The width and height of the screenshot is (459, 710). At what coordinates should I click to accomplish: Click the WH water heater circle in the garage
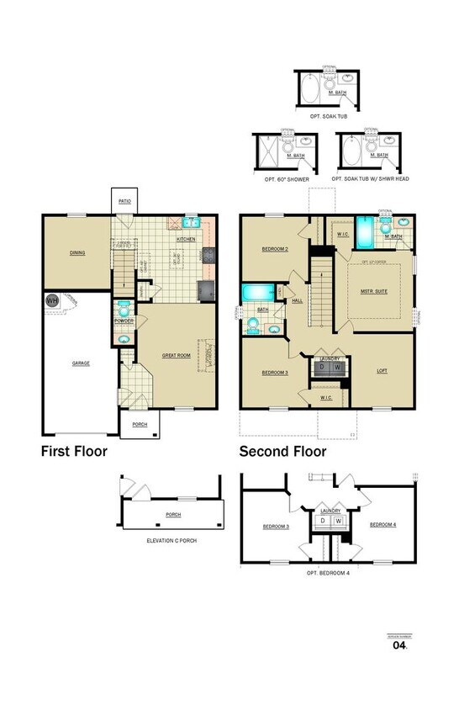51,299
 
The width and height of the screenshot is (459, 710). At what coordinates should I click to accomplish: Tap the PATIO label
124,202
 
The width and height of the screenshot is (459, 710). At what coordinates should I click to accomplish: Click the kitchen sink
190,224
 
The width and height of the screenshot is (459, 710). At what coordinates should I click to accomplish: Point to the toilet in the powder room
124,306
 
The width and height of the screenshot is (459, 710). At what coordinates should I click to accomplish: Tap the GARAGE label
81,363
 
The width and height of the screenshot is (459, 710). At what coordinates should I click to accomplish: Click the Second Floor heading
282,452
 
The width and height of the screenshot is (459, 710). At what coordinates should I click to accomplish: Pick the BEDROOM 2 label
275,249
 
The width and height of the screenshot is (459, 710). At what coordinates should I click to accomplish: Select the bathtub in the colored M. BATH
365,231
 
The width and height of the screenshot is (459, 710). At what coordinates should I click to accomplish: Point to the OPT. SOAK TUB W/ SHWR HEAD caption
370,179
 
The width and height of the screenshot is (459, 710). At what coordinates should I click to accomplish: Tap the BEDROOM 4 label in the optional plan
382,525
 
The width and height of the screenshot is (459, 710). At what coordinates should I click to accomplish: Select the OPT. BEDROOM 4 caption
329,573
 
